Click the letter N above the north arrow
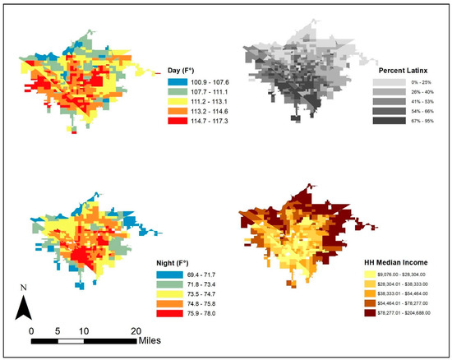[25, 288]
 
